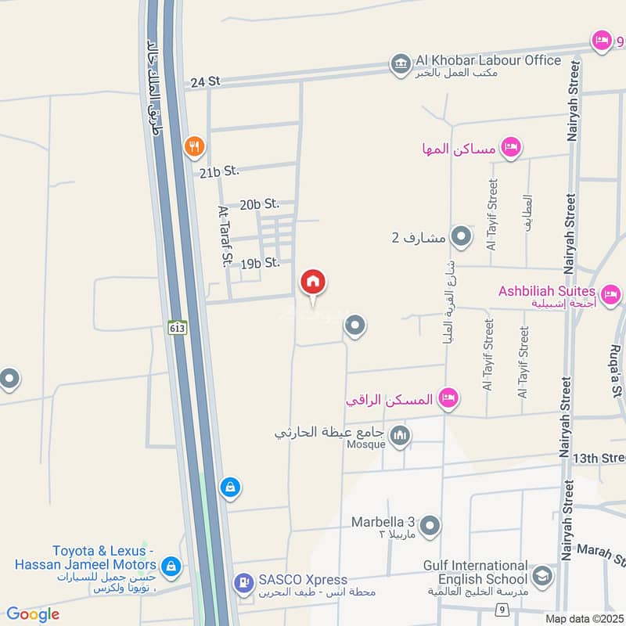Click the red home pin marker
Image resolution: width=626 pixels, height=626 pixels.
[x=313, y=282]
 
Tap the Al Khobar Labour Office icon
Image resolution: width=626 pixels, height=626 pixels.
[x=401, y=63]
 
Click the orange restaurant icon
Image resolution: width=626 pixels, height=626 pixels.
[x=194, y=146]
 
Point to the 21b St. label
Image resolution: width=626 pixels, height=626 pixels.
[x=218, y=171]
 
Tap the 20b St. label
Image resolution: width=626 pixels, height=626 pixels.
[x=260, y=204]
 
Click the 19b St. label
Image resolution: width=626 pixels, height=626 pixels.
[x=261, y=263]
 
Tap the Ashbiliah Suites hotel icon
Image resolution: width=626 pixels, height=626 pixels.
[x=611, y=295]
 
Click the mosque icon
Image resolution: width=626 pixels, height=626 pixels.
[x=401, y=435]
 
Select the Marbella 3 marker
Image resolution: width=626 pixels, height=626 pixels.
[x=430, y=526]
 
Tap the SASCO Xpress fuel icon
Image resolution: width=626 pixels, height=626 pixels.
[x=244, y=581]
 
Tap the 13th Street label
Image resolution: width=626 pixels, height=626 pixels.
[x=599, y=458]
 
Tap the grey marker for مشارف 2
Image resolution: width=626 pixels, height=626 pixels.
[x=462, y=236]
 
